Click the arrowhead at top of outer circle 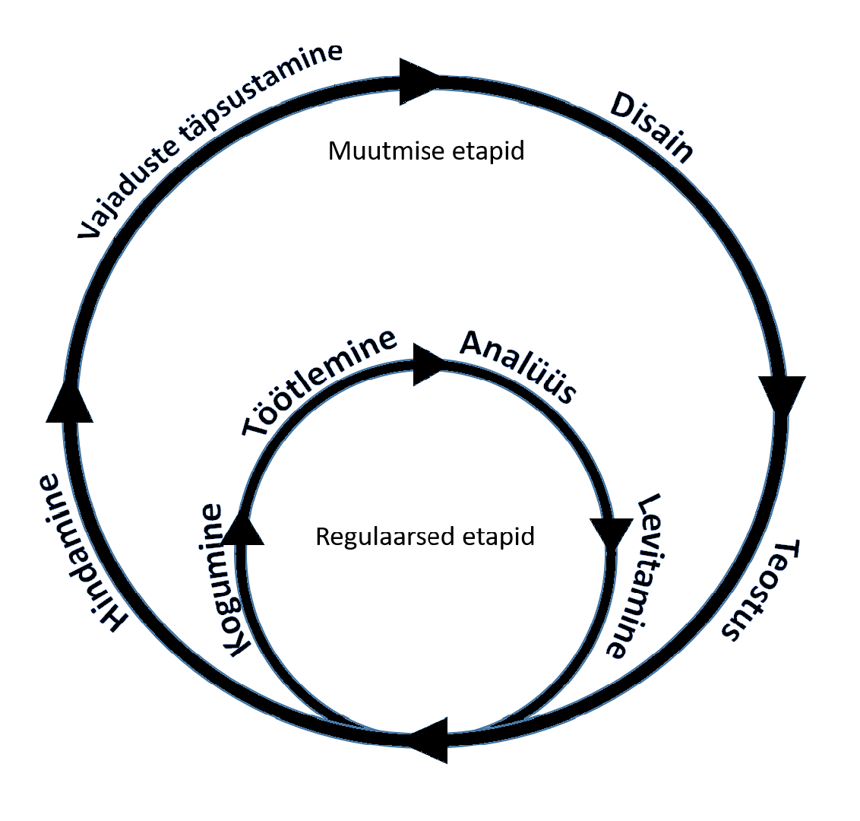(x=418, y=81)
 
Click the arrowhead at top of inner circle (x=428, y=364)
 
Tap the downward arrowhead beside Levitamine (x=611, y=533)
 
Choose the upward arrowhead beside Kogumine (x=243, y=528)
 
